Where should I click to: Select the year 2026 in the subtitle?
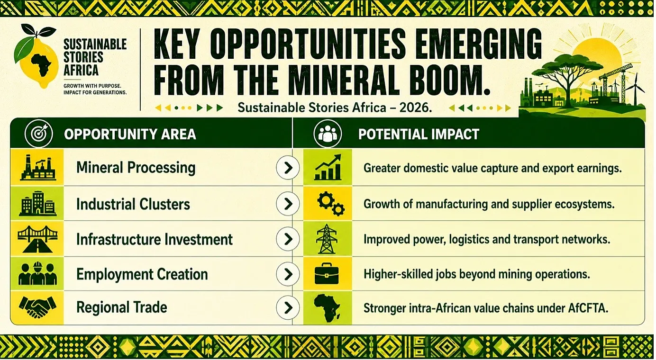[x=416, y=108]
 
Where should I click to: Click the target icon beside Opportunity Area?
[x=39, y=134]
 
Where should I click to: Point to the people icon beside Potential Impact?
[x=328, y=134]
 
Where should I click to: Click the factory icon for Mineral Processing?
[x=38, y=167]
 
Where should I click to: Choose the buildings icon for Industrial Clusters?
[x=37, y=203]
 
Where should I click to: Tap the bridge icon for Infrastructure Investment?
[x=37, y=239]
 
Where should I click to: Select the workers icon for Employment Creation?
[x=37, y=274]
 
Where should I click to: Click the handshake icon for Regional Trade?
[x=37, y=307]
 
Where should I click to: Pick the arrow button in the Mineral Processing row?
[x=288, y=168]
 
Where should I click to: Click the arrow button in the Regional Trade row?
[x=288, y=307]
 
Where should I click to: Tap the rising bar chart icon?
[x=328, y=167]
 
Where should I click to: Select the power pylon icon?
[x=327, y=239]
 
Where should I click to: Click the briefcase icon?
[x=327, y=274]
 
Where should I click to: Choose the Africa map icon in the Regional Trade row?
[x=327, y=307]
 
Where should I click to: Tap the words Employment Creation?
[x=142, y=274]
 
